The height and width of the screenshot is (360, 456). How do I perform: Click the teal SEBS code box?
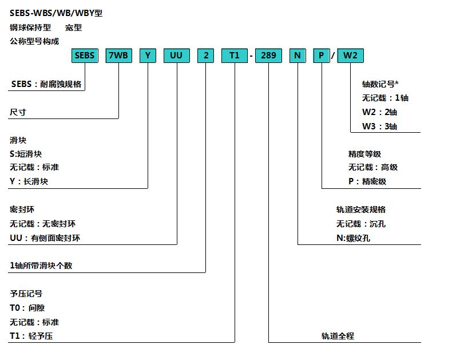tap(85, 56)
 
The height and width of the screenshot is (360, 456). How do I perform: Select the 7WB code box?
tap(118, 56)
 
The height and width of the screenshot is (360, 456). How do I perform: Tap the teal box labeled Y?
tap(148, 56)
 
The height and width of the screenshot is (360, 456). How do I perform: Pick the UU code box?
tap(177, 56)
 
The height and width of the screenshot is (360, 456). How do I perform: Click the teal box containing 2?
tap(205, 56)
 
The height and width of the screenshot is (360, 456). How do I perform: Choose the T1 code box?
tap(235, 56)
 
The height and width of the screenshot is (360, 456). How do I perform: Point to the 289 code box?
tap(268, 56)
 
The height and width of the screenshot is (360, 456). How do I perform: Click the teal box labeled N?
tap(298, 56)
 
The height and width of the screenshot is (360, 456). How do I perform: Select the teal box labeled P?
tap(322, 56)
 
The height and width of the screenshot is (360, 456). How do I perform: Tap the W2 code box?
tap(350, 56)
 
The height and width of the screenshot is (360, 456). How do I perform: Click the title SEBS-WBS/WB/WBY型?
tap(56, 13)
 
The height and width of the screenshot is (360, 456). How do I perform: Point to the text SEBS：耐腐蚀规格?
tap(46, 84)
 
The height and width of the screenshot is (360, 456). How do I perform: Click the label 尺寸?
tap(18, 112)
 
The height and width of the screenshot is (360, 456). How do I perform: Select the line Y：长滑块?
tap(29, 181)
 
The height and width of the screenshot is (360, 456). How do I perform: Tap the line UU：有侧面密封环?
tap(45, 238)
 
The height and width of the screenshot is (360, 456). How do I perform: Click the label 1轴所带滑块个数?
tap(41, 266)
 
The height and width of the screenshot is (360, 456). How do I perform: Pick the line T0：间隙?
tap(27, 308)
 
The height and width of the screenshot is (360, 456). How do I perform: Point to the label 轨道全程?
tap(338, 336)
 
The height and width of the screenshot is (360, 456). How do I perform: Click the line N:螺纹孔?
tap(353, 238)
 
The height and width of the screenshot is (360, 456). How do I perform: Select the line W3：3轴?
tap(379, 126)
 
